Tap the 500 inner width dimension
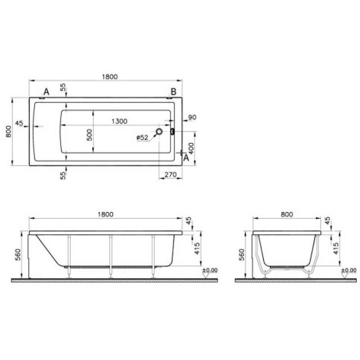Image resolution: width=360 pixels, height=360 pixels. (x=89, y=134)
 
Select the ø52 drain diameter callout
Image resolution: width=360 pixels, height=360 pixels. (x=143, y=138)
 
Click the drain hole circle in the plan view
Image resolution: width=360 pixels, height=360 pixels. (x=159, y=132)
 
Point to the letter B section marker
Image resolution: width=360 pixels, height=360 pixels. (x=173, y=91)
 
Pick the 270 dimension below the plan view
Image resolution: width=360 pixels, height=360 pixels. (x=171, y=175)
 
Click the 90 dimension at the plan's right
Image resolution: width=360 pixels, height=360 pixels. (x=192, y=117)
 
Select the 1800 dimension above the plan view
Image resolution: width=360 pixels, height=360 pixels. (x=109, y=76)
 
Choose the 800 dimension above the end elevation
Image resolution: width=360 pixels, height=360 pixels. (x=286, y=215)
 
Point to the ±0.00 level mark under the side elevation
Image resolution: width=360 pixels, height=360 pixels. (x=209, y=270)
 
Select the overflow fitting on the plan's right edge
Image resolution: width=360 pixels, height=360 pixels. (x=172, y=132)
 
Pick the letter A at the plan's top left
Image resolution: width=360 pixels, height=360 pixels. (x=46, y=92)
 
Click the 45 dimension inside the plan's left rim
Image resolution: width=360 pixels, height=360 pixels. (x=19, y=123)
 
